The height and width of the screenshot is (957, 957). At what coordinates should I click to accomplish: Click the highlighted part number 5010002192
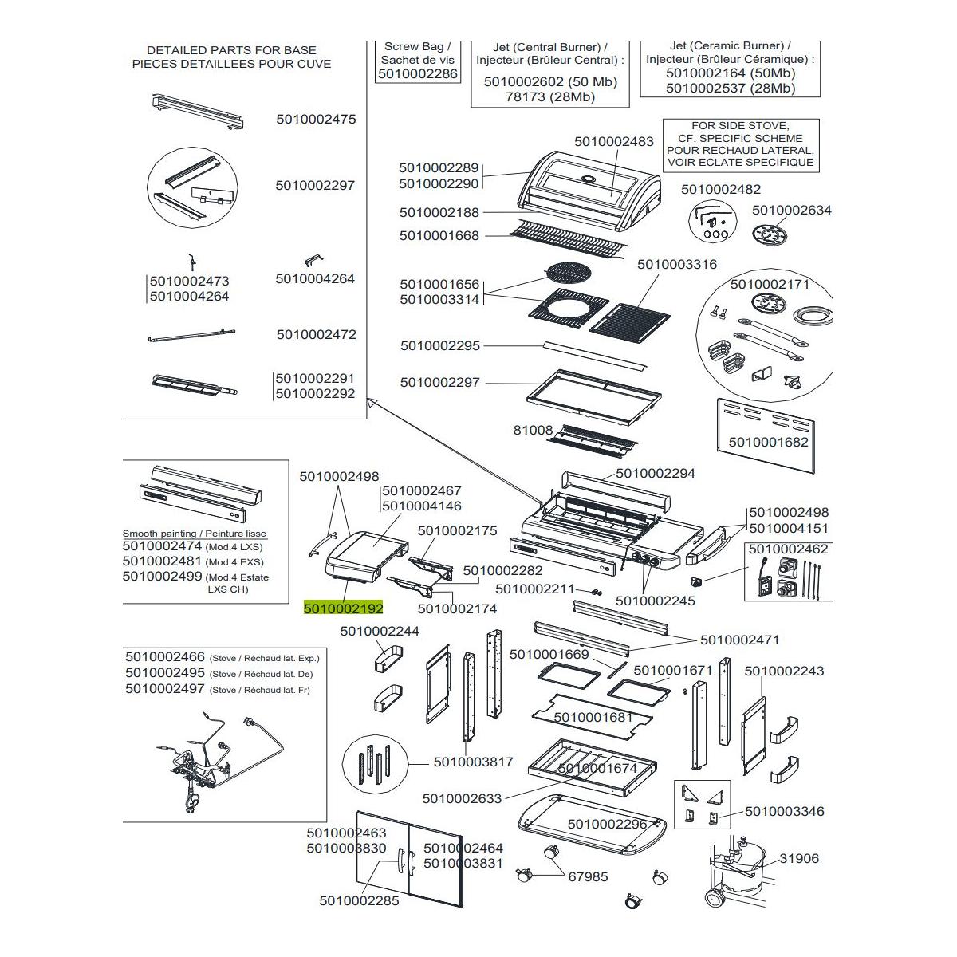coord(344,608)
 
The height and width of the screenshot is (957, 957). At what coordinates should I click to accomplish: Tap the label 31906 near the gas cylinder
coord(799,858)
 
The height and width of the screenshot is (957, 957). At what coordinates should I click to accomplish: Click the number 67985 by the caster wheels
coord(588,876)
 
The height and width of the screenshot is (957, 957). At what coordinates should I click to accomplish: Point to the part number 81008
coord(533,430)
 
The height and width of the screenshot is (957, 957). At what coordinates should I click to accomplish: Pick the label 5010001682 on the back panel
coord(769,442)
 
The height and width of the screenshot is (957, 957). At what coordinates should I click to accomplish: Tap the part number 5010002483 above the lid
coord(614,141)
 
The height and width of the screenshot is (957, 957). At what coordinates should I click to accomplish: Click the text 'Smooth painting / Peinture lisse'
coord(195,534)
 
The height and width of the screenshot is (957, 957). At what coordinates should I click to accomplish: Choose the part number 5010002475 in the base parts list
coord(316,120)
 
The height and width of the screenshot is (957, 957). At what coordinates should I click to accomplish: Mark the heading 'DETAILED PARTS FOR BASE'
coord(231,49)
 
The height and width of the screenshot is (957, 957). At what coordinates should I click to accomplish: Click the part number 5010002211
coord(535,589)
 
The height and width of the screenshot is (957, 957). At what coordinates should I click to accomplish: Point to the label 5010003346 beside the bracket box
coord(785,811)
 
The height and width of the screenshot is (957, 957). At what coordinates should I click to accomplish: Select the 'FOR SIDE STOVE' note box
coord(741,144)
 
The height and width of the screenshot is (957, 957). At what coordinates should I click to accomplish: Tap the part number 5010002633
coord(463,798)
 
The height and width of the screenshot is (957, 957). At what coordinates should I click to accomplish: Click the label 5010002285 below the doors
coord(359,901)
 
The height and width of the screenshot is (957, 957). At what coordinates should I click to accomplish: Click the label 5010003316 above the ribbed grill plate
coord(677,264)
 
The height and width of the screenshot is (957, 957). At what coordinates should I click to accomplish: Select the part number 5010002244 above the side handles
coord(380,631)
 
